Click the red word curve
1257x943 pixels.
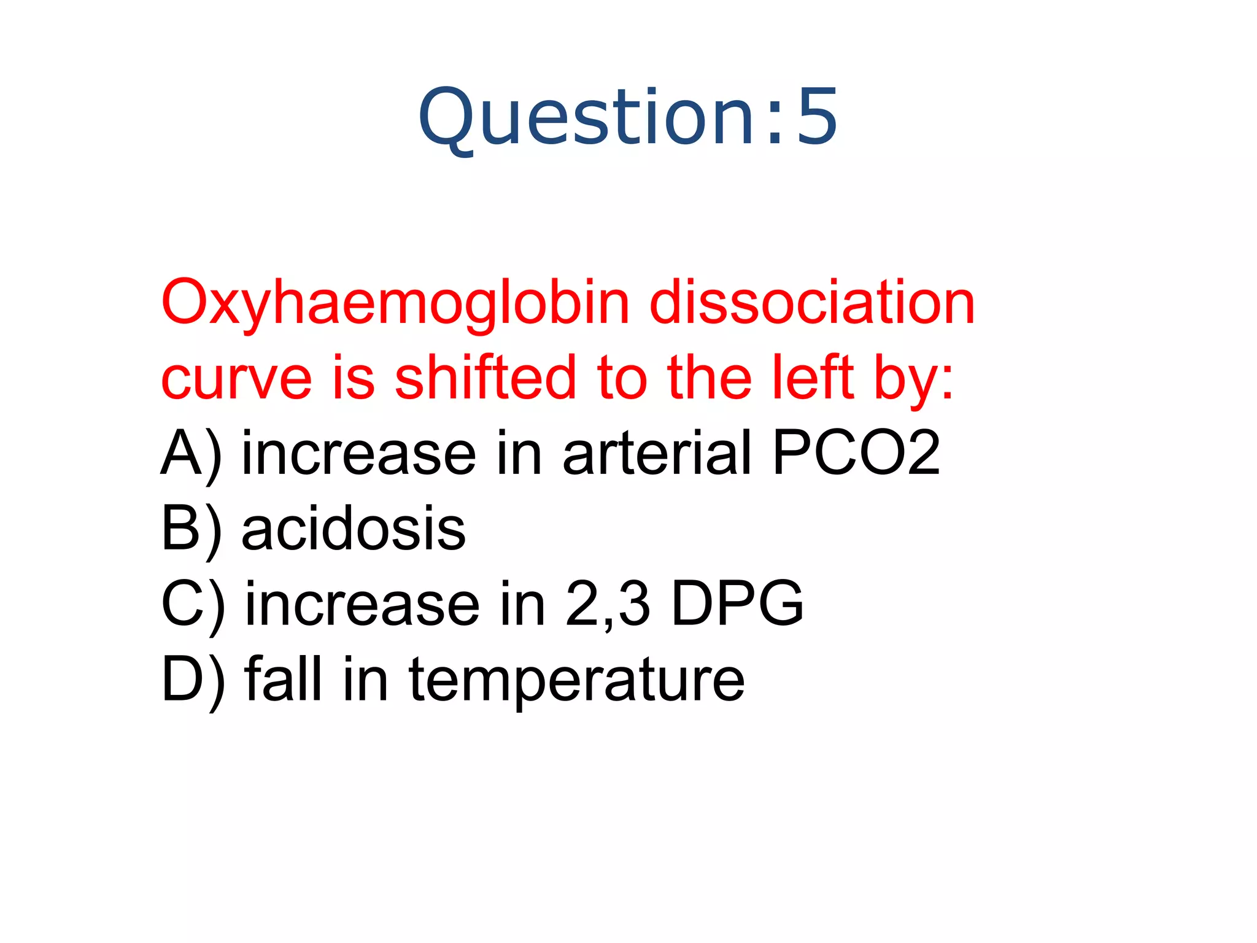point(236,378)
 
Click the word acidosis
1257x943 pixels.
point(354,529)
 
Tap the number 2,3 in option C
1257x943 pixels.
point(608,605)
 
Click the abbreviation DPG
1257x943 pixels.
point(737,604)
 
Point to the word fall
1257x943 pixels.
point(283,679)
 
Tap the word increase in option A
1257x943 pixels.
point(359,454)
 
